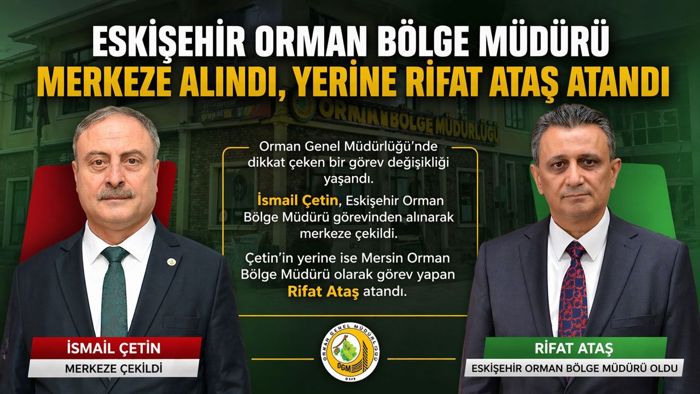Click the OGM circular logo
[351, 352]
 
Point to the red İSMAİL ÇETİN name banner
[114, 348]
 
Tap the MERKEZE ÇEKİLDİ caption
[113, 368]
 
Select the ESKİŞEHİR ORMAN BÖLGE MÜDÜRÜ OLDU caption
[574, 368]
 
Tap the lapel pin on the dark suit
[171, 262]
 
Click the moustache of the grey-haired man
[116, 194]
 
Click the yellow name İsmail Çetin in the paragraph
[297, 200]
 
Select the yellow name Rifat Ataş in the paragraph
[323, 292]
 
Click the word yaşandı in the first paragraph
[348, 181]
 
